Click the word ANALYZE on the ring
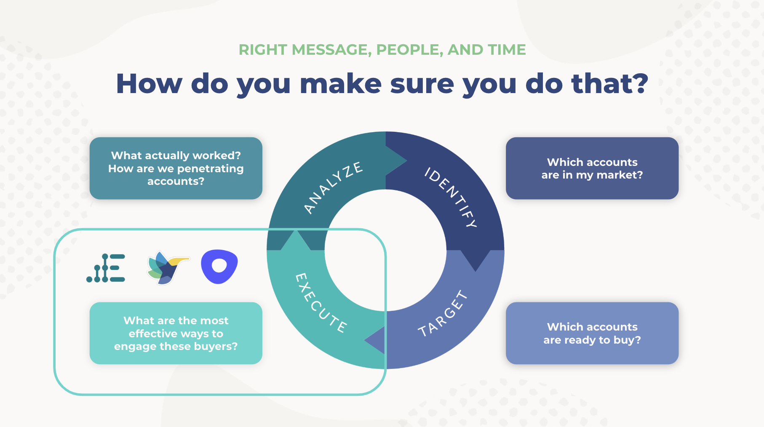(333, 187)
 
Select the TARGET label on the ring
(443, 314)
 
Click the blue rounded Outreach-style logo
(219, 267)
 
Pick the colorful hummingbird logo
(168, 267)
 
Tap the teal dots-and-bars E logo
(106, 268)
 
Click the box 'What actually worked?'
(176, 168)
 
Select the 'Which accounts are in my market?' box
(592, 168)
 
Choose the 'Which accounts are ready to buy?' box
(592, 333)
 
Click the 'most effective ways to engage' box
(176, 333)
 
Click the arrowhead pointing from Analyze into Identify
(396, 160)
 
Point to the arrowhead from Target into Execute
(375, 340)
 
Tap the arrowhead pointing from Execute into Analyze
(296, 240)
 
